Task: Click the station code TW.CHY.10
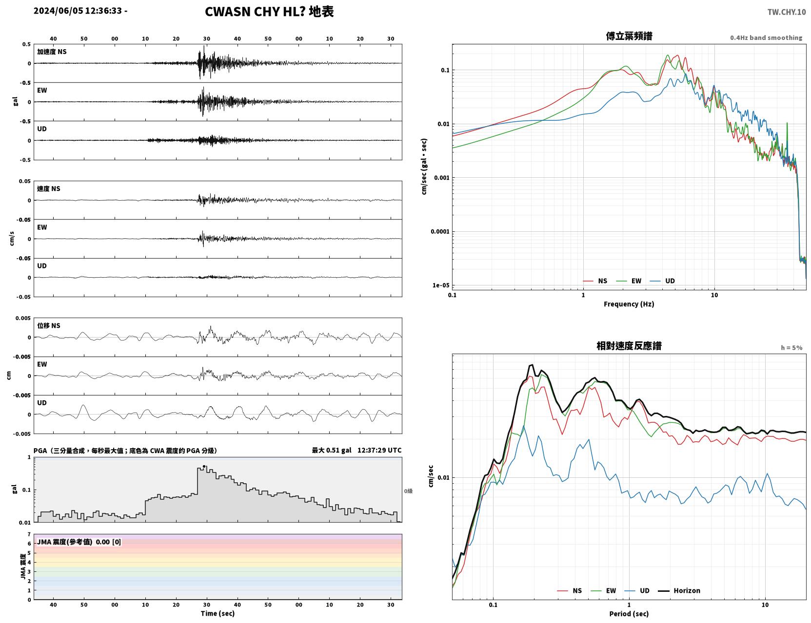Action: pos(786,12)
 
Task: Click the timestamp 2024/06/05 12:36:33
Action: pos(78,11)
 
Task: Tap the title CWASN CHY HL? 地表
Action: pos(269,12)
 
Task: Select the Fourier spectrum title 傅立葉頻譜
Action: pos(629,36)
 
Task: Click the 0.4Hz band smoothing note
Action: pos(766,38)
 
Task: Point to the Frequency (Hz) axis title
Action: pos(629,304)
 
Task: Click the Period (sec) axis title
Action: pos(629,614)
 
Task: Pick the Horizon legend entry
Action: pos(679,590)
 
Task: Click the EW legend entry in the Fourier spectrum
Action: pos(629,281)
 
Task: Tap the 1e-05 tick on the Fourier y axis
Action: pos(441,285)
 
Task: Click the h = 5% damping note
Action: pos(791,348)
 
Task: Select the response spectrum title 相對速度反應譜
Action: pos(629,346)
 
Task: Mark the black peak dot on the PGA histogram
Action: pos(204,467)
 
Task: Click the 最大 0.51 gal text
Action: pos(332,450)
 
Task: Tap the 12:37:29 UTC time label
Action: pos(379,450)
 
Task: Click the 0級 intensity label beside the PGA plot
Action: pos(408,491)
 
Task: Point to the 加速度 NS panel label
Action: pos(52,52)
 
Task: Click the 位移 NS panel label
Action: pos(48,326)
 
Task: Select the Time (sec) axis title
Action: pos(218,613)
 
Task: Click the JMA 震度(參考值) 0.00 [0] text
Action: pos(79,542)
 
